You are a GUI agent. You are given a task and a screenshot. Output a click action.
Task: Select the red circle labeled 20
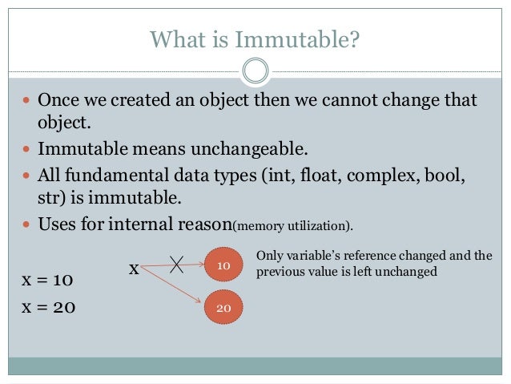(x=223, y=307)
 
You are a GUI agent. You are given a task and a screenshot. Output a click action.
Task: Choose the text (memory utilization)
(x=292, y=221)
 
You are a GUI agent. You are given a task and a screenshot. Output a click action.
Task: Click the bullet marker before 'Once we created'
(x=25, y=102)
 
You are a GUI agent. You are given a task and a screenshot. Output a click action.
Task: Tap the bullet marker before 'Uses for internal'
(x=25, y=220)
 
